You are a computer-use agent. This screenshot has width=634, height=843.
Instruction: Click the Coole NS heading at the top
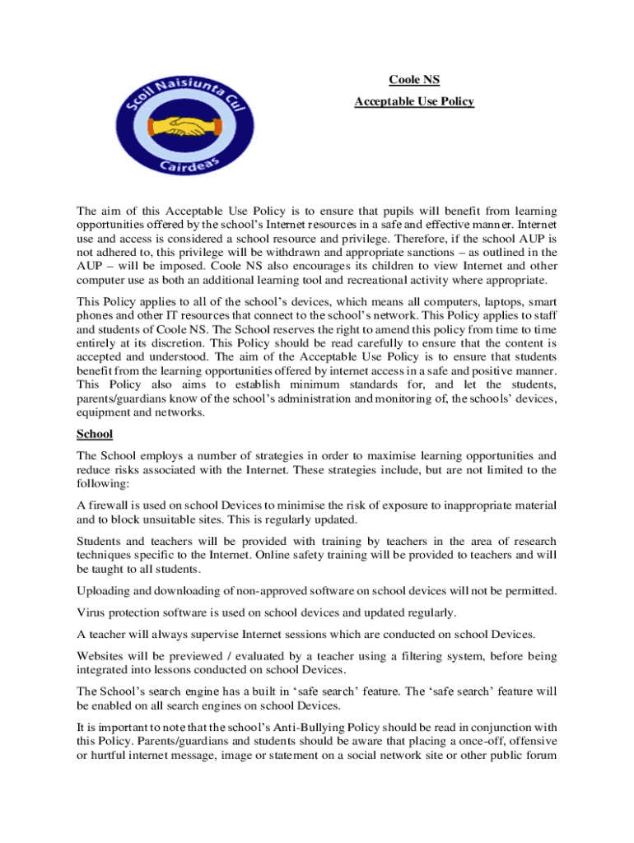tap(414, 80)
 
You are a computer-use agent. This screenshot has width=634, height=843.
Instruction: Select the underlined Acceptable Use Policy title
tap(414, 102)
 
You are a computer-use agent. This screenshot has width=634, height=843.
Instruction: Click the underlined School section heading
tap(95, 434)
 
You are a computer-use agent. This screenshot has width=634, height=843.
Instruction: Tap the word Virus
tap(92, 612)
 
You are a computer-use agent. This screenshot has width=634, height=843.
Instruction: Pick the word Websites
tap(103, 656)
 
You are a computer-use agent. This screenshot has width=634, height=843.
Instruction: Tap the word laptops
tap(470, 302)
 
